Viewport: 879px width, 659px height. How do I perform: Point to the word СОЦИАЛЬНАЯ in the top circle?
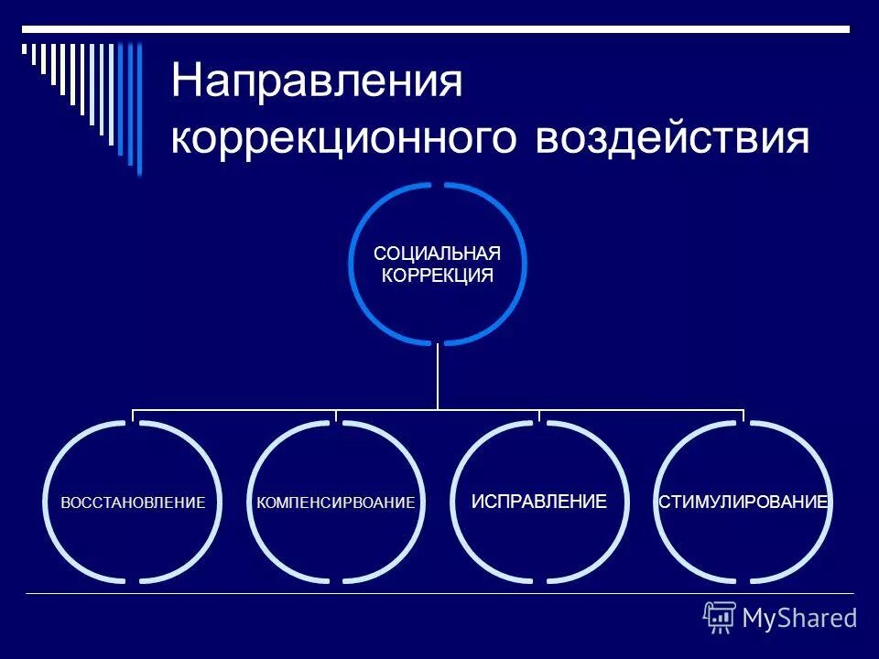tap(438, 254)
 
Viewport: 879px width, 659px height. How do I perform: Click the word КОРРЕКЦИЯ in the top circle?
tap(438, 275)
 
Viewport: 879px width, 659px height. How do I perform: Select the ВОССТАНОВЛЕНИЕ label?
tap(133, 502)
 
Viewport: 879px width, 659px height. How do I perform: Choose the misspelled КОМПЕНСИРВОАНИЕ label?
tap(336, 502)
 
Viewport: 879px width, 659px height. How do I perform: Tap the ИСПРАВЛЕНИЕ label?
tap(539, 502)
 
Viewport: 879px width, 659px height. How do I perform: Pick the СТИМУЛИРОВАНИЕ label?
tap(743, 502)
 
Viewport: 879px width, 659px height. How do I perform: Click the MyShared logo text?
tap(799, 619)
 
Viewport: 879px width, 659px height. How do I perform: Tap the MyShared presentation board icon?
tap(719, 618)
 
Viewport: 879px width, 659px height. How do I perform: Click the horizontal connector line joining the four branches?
tap(275, 410)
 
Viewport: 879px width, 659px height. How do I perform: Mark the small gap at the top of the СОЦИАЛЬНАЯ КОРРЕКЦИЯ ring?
tap(438, 184)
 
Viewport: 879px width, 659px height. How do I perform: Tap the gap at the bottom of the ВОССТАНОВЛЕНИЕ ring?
tap(133, 582)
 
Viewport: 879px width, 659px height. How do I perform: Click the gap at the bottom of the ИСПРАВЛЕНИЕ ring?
tap(539, 582)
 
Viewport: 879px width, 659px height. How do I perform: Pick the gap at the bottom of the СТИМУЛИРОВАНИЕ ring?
tap(743, 582)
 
